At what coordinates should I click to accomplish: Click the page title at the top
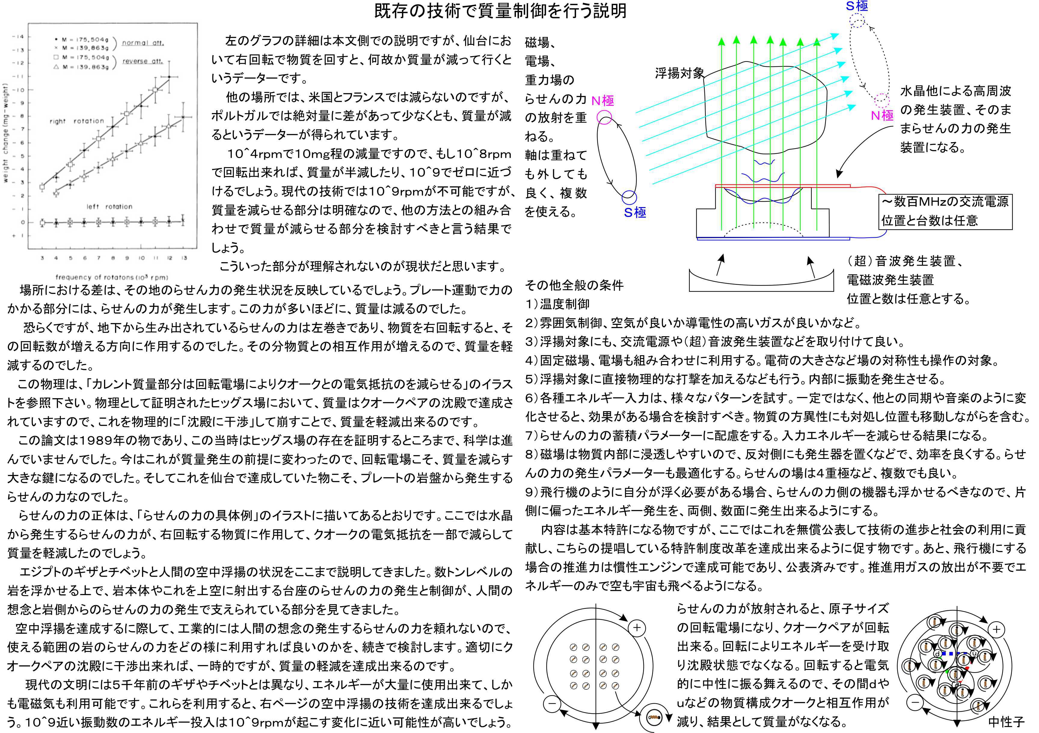pyautogui.click(x=500, y=11)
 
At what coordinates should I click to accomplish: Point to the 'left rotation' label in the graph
pyautogui.click(x=109, y=207)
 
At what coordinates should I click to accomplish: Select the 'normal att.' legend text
pyautogui.click(x=143, y=43)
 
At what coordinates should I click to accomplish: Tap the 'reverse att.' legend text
pyautogui.click(x=143, y=61)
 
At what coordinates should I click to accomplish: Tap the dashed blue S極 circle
pyautogui.click(x=857, y=20)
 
